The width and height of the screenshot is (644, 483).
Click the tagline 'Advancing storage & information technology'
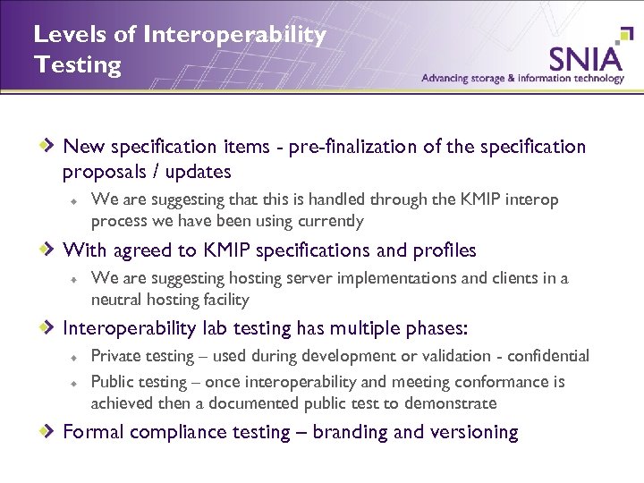pos(522,79)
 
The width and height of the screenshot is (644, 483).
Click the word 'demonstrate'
pos(451,403)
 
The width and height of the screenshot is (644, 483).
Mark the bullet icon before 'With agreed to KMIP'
pos(51,250)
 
